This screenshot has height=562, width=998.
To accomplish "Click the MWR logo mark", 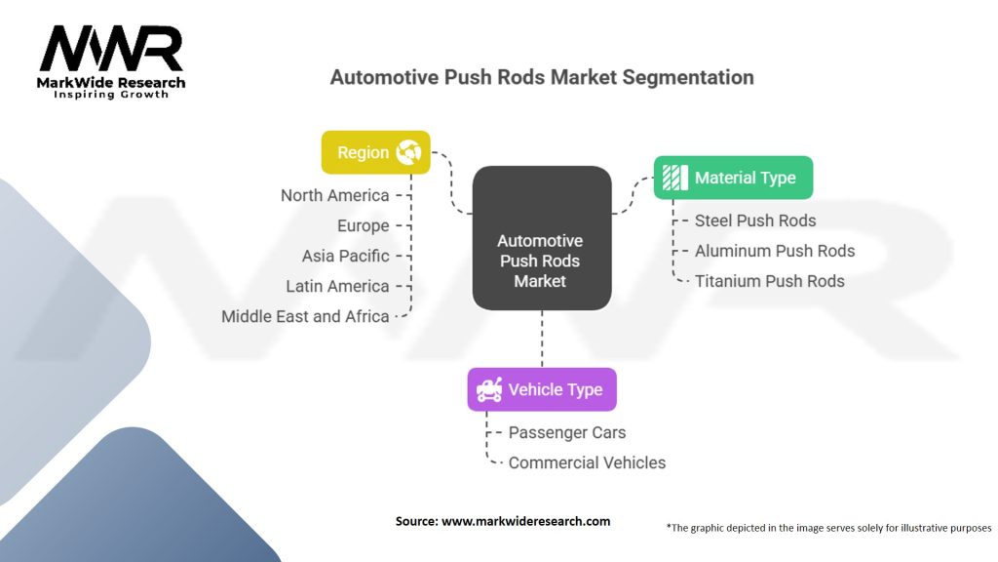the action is pos(111,49).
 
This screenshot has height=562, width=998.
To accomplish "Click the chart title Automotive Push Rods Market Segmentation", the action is pos(542,77).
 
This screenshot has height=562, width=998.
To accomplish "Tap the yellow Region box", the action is pos(375,152).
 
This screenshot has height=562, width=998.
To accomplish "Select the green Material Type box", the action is pos(733,178).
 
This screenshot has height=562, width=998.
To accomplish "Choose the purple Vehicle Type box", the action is pos(542,389).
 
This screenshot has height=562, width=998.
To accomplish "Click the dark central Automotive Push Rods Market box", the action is pos(542,238).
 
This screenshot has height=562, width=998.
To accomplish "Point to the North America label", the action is pos(335,195).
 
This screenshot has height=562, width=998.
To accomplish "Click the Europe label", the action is pos(363,225).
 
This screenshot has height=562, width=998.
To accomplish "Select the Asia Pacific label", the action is pos(346,256).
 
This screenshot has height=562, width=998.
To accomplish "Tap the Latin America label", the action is pos(337,286).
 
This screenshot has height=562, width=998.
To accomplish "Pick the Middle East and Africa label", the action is pos(305,316).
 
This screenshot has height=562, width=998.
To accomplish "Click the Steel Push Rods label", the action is pos(755,221).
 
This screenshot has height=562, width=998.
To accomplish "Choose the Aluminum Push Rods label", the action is pos(775,251).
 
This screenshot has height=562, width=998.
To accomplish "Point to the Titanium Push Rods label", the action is pos(770,281).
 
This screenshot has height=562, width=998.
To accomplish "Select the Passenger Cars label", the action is pos(567,432).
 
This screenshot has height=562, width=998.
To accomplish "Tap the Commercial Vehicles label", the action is pos(587,462).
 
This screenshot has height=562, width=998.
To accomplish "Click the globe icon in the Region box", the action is pos(408,152).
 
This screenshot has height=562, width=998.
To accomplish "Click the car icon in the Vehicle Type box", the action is pos(489,389).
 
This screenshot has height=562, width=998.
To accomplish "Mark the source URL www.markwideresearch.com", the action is pos(525,521).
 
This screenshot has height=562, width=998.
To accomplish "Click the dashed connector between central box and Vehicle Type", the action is pos(542,339).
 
